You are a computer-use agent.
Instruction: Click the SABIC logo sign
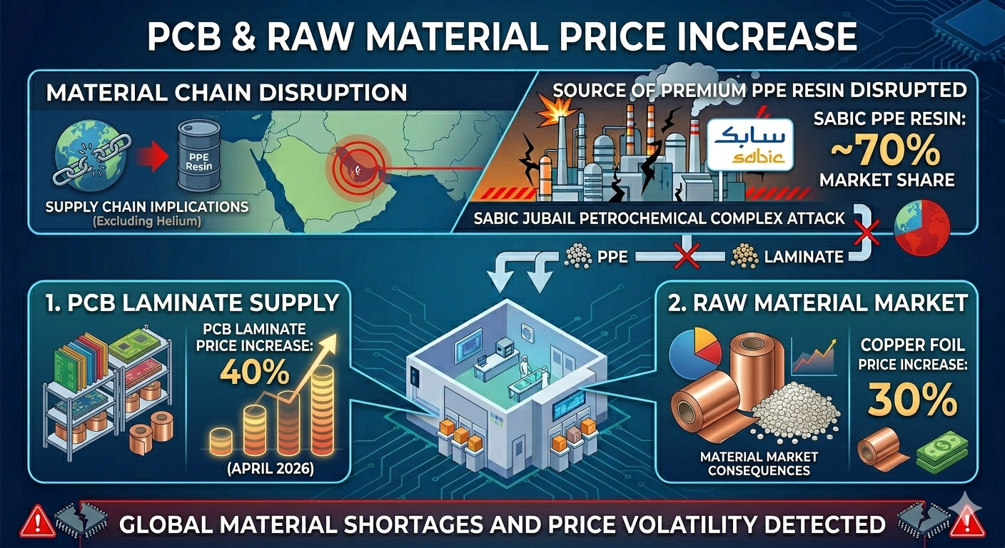(749, 145)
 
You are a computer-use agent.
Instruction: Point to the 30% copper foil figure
(912, 400)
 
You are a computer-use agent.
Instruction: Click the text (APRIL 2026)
(271, 469)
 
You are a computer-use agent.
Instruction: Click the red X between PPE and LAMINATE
(687, 256)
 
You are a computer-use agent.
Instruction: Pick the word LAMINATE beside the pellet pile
(804, 257)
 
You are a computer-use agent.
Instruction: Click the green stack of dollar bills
(941, 453)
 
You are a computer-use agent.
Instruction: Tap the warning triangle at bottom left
(38, 522)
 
